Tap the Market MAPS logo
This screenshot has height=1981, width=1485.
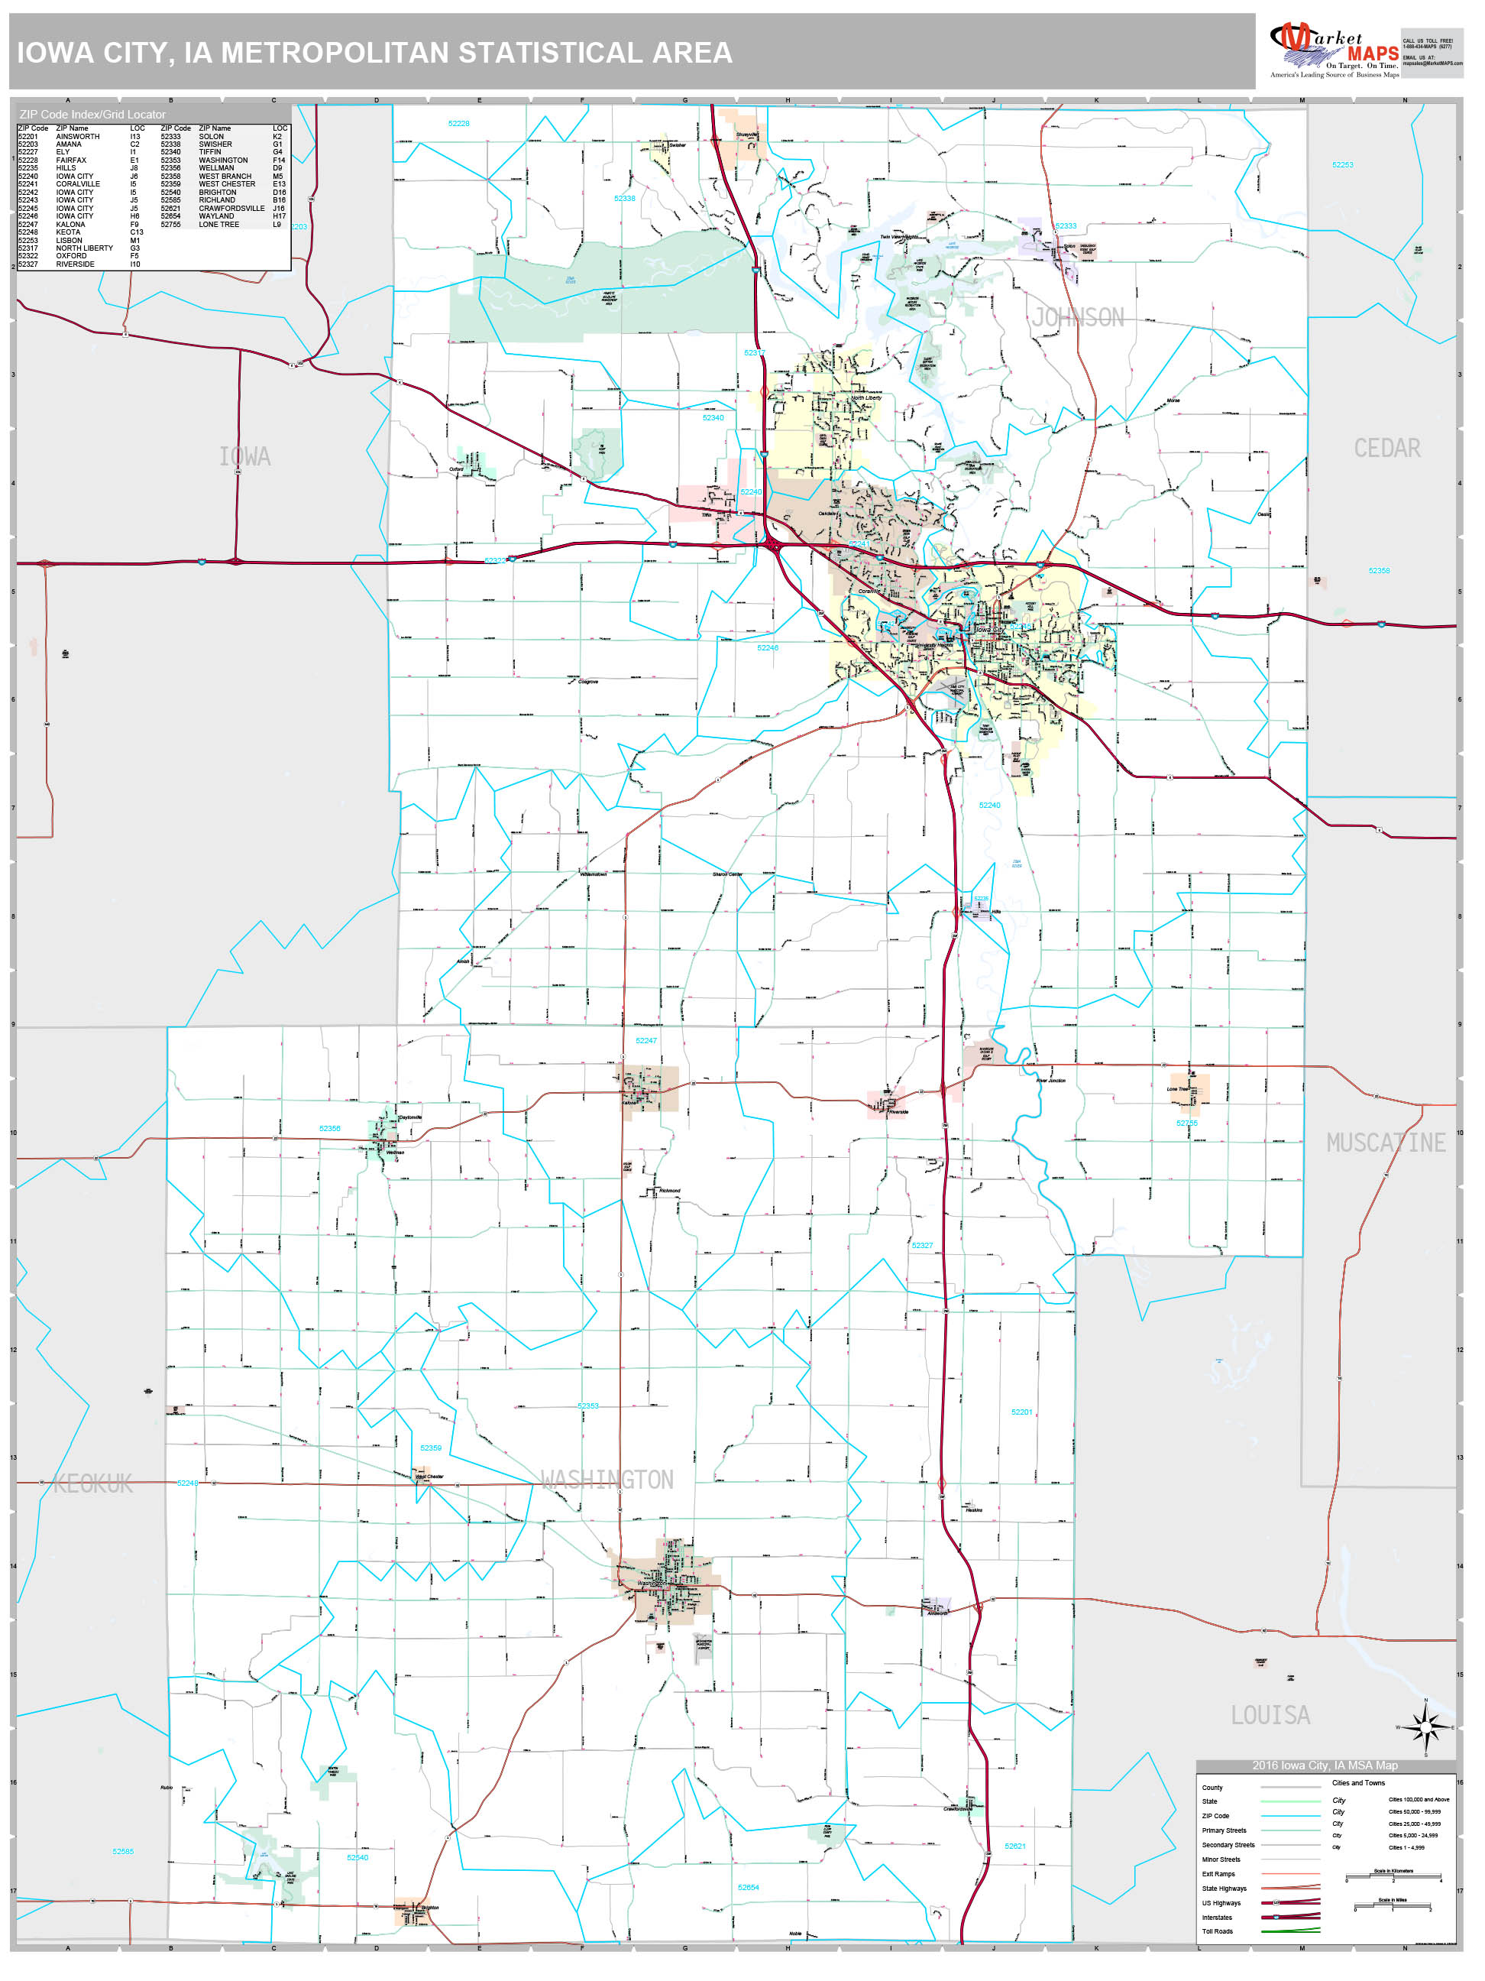click(1334, 52)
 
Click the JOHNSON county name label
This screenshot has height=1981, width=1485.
click(1078, 317)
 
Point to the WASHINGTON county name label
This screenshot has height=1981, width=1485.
click(607, 1480)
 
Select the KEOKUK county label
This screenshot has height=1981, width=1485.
click(93, 1484)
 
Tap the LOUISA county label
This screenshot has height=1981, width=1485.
click(1270, 1715)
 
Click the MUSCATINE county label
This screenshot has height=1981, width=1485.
click(1386, 1143)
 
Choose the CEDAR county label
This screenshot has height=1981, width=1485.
click(1386, 448)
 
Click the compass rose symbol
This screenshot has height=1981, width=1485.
click(1427, 1726)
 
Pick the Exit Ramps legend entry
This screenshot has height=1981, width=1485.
click(1218, 1873)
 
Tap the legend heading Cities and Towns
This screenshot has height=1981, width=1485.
click(1358, 1782)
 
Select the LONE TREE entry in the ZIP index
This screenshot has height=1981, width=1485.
click(218, 224)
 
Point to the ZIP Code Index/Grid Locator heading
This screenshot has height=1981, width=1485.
click(92, 115)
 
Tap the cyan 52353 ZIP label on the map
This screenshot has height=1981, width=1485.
click(587, 1406)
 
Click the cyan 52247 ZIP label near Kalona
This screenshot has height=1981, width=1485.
click(645, 1041)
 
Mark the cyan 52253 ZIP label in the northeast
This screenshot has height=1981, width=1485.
click(1342, 165)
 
